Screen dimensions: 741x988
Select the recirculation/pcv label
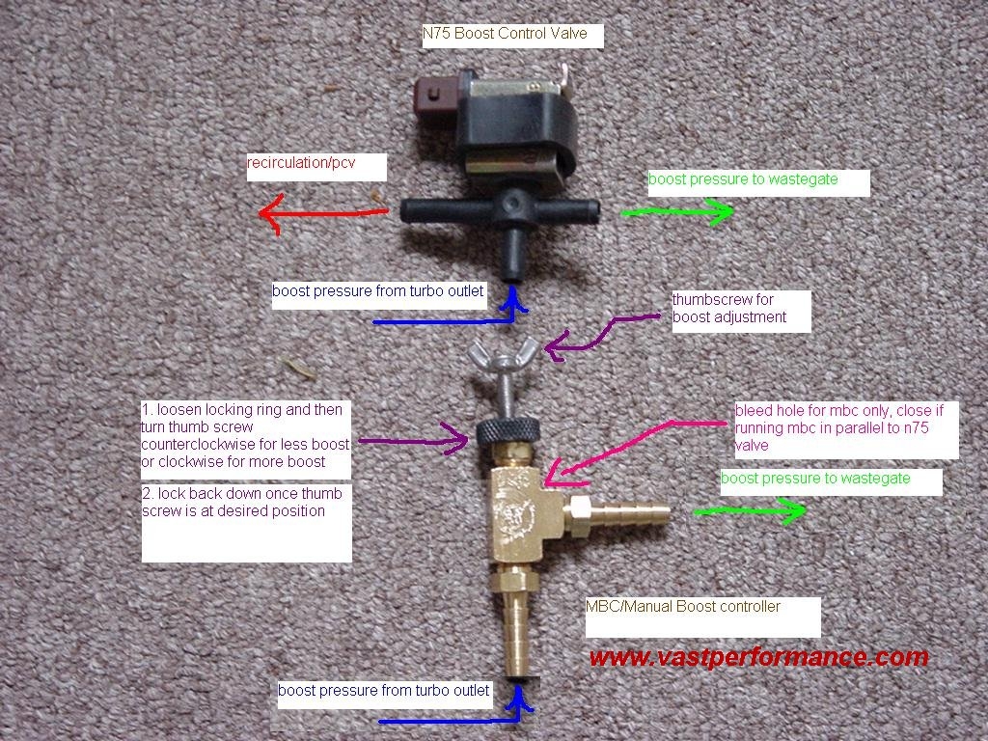pos(302,163)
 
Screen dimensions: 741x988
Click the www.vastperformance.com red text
pos(758,658)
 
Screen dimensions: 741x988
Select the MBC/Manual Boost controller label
pos(683,607)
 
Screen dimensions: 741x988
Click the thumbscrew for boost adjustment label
pos(729,309)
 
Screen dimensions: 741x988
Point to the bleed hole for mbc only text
pos(838,426)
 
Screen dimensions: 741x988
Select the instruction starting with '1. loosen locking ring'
pos(245,436)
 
